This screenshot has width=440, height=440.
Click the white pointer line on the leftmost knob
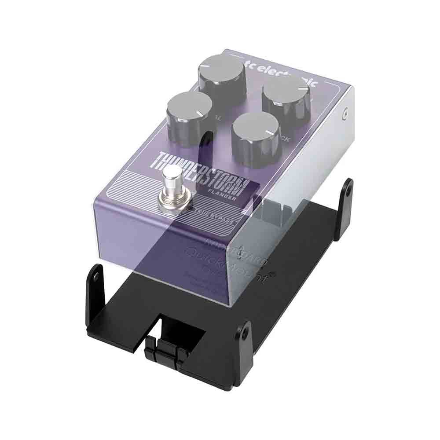click(x=202, y=115)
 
